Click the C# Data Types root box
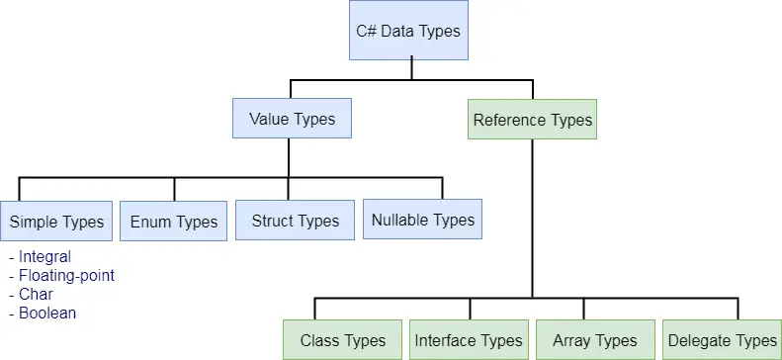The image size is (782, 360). coord(408,31)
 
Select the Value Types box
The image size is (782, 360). coord(292,120)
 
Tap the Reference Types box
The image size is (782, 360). coord(532,121)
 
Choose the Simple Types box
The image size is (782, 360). coord(56,222)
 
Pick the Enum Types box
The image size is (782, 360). coord(174,222)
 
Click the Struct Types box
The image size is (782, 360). coord(295,221)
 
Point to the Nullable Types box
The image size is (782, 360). coord(422,220)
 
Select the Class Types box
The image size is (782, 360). coord(342,340)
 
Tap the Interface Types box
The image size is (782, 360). coord(468,340)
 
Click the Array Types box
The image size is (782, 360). coord(594,340)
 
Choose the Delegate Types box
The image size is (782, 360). coord(722,340)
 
